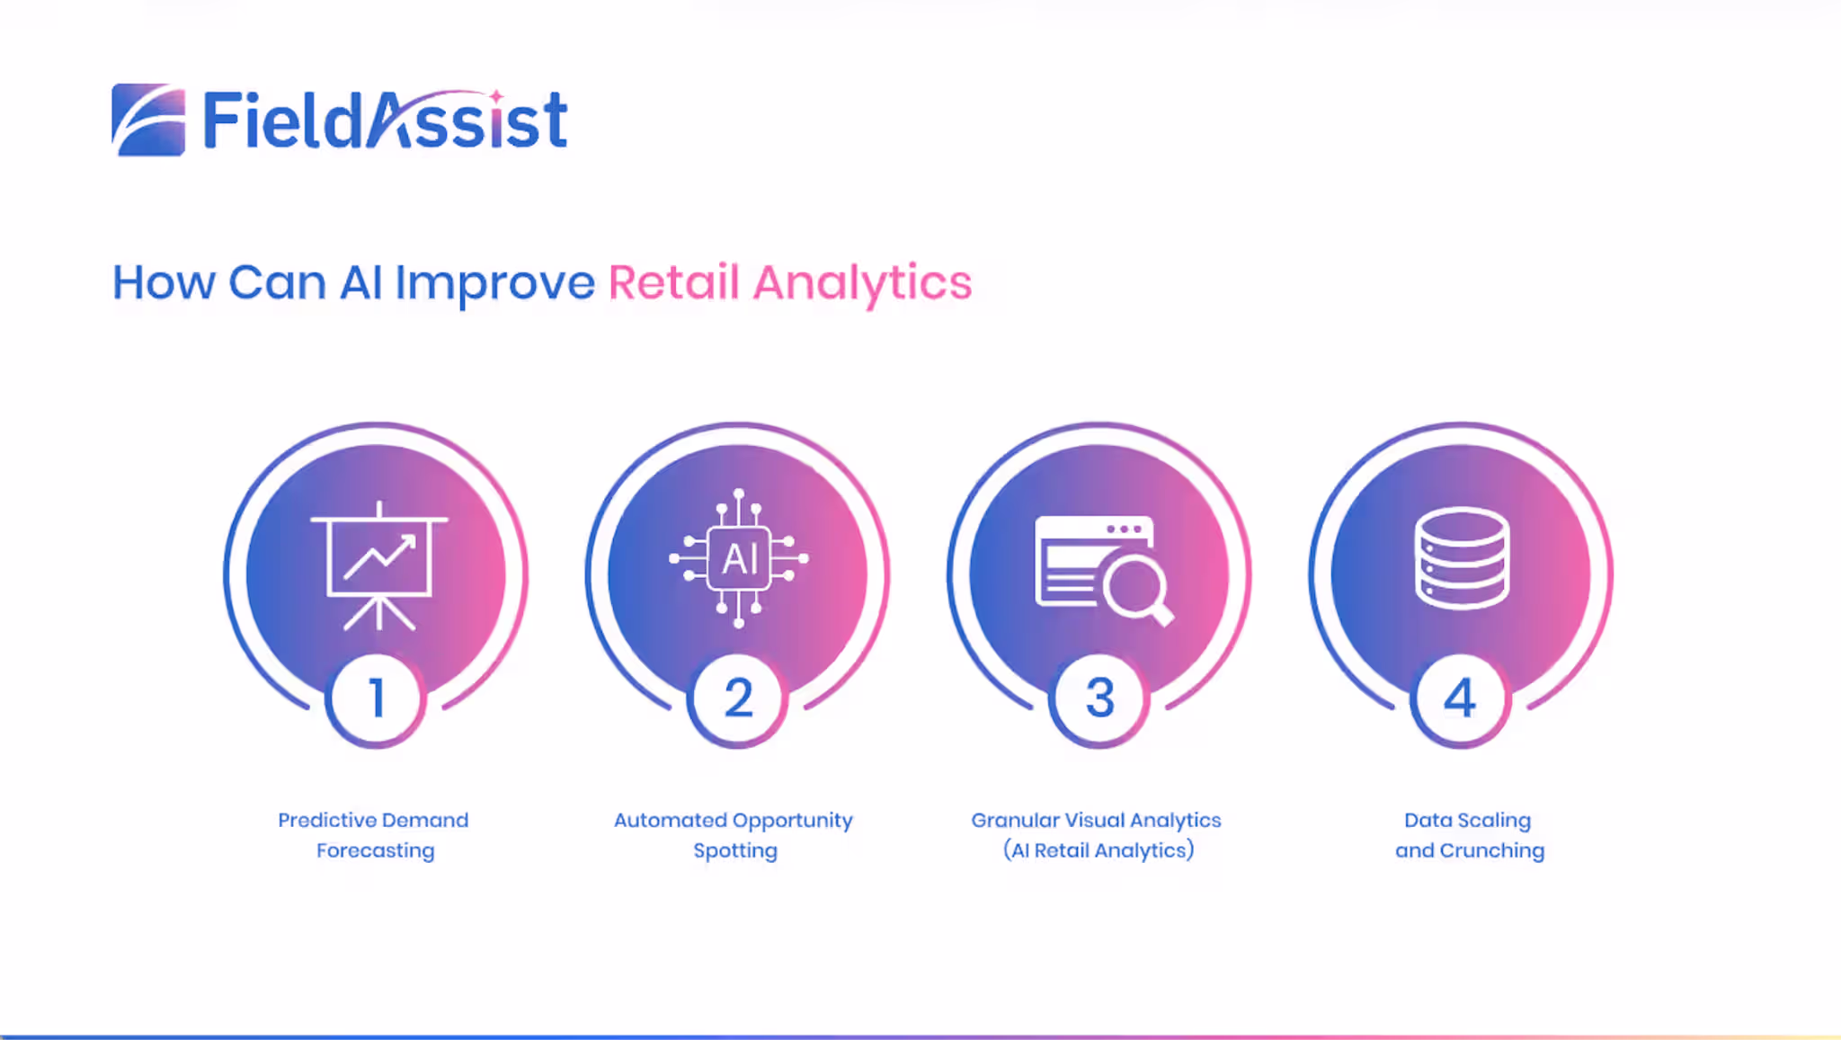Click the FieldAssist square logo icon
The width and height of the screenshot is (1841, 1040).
(x=148, y=120)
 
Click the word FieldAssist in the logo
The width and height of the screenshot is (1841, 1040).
(x=386, y=120)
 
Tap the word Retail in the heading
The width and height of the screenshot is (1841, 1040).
(x=674, y=282)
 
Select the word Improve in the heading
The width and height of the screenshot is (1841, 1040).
(x=495, y=284)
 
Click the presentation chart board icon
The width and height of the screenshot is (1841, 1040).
(x=379, y=565)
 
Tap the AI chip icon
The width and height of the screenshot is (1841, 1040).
(x=739, y=558)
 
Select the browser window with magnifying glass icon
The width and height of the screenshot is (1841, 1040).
(x=1105, y=570)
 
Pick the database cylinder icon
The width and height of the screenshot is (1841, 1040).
(x=1462, y=558)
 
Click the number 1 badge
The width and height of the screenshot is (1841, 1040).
(x=377, y=698)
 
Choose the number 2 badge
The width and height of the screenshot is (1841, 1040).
(x=738, y=698)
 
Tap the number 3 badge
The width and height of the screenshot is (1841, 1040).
(x=1099, y=698)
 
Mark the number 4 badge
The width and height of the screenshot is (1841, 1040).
(x=1460, y=698)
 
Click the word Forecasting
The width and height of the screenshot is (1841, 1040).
(x=376, y=850)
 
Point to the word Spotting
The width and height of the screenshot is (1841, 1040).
(x=735, y=850)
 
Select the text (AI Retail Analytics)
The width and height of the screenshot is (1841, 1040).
(x=1098, y=850)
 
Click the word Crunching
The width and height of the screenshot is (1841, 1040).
(x=1492, y=850)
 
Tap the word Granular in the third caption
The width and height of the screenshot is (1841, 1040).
(x=1015, y=820)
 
